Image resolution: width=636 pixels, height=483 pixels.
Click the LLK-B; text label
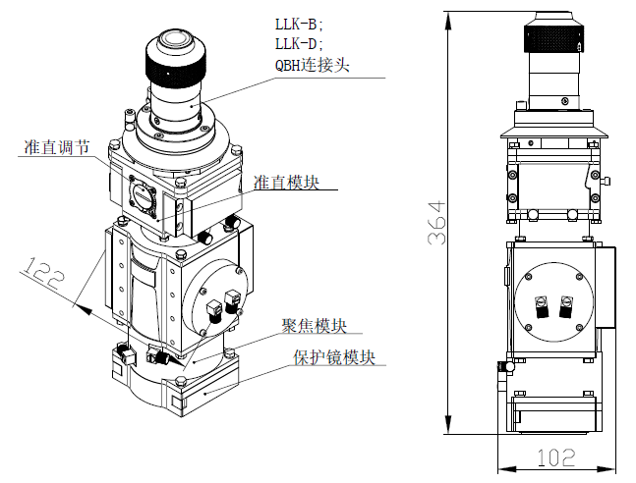click(299, 22)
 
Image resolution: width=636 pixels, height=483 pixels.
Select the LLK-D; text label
click(299, 43)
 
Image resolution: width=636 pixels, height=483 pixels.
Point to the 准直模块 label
click(286, 183)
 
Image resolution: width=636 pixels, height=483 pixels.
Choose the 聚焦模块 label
click(314, 326)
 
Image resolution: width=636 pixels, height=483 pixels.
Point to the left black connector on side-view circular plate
click(540, 307)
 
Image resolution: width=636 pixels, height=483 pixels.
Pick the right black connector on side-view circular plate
click(565, 307)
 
